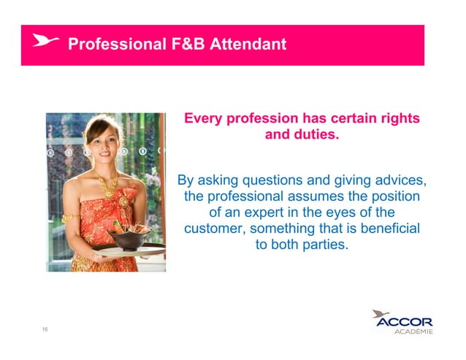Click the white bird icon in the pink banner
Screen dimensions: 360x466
(45, 42)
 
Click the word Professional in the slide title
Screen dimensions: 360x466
(110, 45)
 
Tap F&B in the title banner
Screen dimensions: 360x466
(176, 45)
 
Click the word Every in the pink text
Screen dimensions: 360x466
(204, 118)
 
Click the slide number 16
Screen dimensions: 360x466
(45, 329)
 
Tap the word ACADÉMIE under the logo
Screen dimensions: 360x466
(413, 332)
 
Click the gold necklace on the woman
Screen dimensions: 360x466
(106, 183)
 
